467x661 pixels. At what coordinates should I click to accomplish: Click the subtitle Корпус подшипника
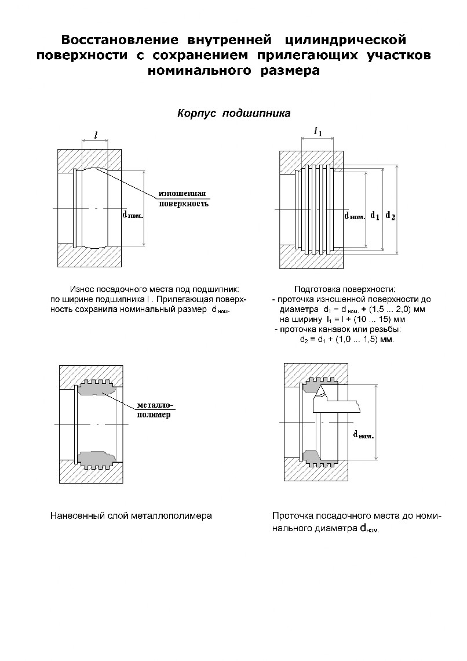(x=233, y=113)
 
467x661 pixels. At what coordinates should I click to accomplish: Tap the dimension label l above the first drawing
(x=96, y=135)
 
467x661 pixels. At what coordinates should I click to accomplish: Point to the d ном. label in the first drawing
(x=132, y=213)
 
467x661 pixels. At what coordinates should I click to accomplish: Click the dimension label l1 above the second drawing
(x=318, y=132)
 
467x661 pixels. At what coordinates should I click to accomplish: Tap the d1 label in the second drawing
(x=375, y=216)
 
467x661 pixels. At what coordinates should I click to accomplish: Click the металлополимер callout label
(x=155, y=410)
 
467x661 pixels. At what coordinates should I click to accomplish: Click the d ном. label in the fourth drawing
(x=363, y=434)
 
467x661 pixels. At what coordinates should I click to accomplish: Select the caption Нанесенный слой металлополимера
(x=131, y=515)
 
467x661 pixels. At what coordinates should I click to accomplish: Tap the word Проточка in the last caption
(x=292, y=515)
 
